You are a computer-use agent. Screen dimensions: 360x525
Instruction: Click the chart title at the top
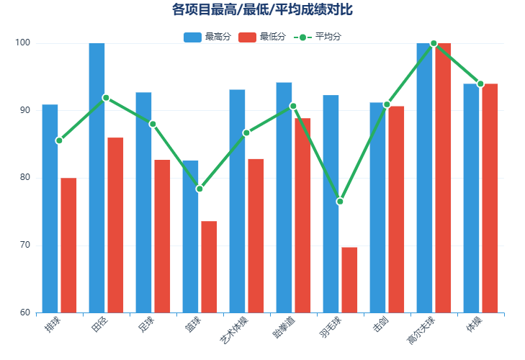coord(262,9)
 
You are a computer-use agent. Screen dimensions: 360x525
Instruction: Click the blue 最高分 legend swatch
coord(192,37)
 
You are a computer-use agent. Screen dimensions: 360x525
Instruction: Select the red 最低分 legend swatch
coord(247,37)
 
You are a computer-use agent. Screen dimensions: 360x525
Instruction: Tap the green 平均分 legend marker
coord(302,37)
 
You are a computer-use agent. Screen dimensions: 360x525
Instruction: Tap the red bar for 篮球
coord(209,266)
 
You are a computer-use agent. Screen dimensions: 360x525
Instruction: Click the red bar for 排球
coord(68,245)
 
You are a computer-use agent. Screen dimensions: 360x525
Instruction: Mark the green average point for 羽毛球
coord(340,202)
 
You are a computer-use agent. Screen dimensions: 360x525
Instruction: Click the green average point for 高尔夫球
coord(434,43)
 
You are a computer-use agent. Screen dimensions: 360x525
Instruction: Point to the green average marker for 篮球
coord(199,189)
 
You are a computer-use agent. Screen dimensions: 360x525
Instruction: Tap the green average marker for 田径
coord(106,97)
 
